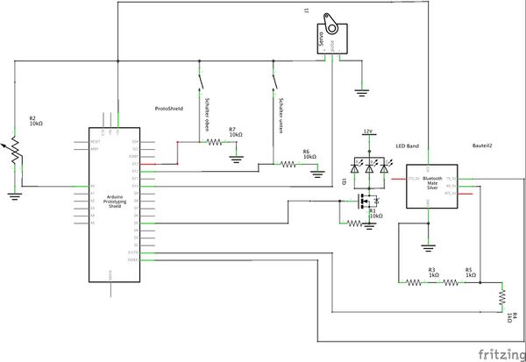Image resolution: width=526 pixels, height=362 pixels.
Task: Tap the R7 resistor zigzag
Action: (213, 143)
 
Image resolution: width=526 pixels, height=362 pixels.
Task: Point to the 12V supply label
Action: (369, 131)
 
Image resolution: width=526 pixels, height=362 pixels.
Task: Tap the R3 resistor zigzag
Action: (415, 282)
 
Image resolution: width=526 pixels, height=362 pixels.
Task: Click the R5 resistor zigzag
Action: (452, 282)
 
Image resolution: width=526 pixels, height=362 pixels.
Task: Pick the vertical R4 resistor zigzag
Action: (502, 296)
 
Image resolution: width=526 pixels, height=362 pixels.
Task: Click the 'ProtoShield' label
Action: (167, 110)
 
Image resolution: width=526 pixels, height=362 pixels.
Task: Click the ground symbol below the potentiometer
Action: (13, 195)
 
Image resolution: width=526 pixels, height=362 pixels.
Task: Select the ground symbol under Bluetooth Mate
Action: (428, 245)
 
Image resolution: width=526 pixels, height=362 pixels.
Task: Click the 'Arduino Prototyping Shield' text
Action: (108, 202)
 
